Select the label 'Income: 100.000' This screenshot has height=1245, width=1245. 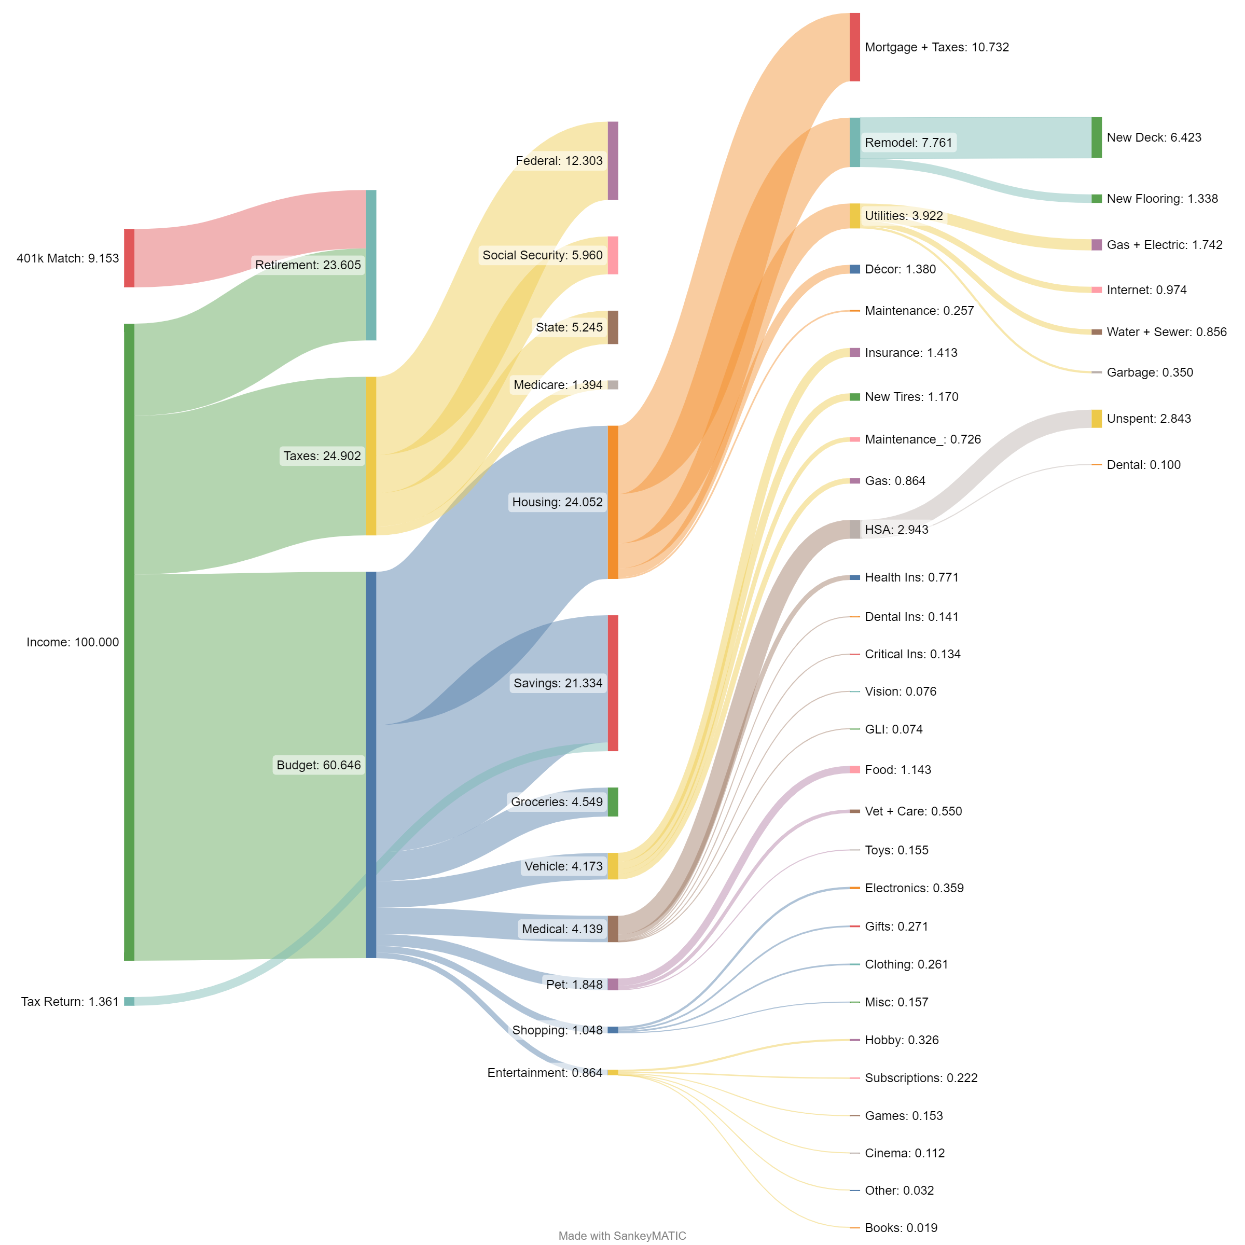(73, 642)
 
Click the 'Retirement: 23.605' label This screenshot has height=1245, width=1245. (308, 265)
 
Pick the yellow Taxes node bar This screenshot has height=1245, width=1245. (371, 455)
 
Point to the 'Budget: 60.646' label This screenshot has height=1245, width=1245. (319, 765)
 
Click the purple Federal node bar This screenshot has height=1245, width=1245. (613, 160)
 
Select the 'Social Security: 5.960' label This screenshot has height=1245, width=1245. (543, 255)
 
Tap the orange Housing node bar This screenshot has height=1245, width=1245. (613, 502)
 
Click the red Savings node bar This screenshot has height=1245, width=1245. (613, 683)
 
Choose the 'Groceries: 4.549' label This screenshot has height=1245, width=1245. (557, 801)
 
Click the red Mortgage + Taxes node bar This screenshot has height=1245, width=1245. (854, 47)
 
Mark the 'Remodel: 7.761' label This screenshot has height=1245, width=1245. (909, 143)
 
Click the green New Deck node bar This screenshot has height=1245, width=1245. (1097, 137)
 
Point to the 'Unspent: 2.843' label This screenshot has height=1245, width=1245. (1149, 418)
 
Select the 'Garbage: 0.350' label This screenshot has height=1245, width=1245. (1150, 372)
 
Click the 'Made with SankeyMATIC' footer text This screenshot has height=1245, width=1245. (622, 1235)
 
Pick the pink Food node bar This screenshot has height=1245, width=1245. (854, 769)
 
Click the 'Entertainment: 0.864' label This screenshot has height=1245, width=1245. (545, 1072)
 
